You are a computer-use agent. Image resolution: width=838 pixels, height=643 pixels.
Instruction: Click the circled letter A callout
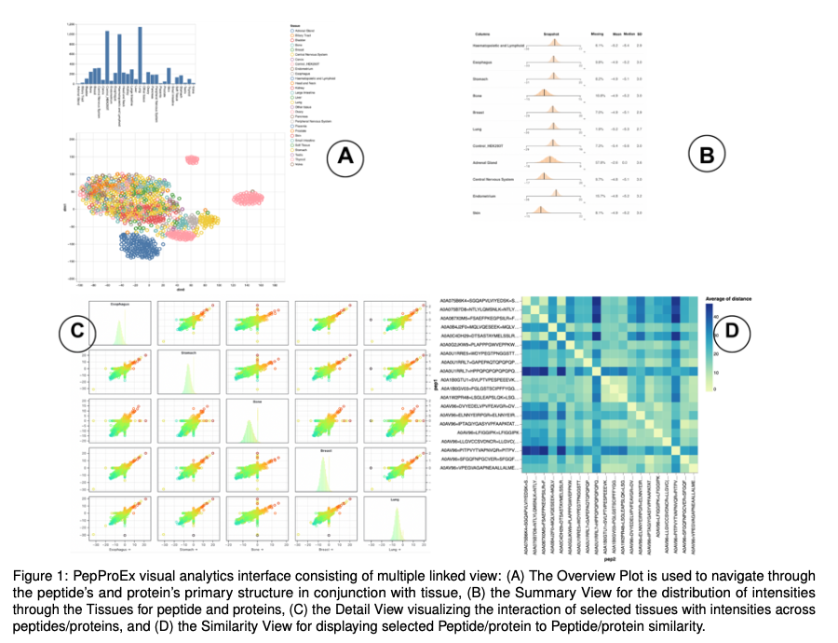pos(345,158)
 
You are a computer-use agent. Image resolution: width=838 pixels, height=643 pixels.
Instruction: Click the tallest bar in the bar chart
pos(140,56)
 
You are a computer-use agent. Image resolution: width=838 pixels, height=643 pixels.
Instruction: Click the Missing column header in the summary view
pos(598,34)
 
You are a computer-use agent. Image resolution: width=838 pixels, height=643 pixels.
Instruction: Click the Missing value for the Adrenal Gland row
pos(599,162)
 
